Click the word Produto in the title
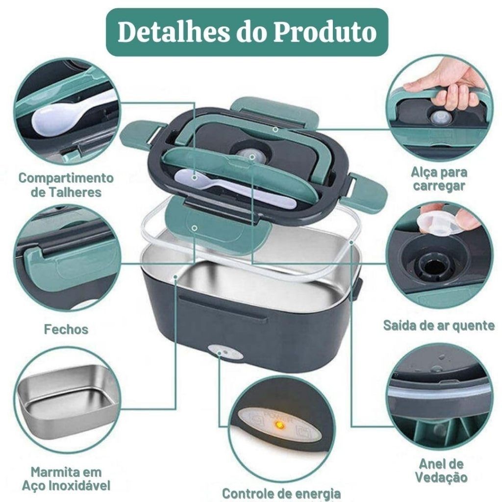(x=325, y=32)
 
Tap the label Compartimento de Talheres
(x=66, y=185)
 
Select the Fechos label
(x=66, y=329)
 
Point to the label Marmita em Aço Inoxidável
(x=66, y=478)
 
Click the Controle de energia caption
(x=281, y=493)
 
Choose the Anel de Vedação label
(x=441, y=470)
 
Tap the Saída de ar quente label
(x=439, y=326)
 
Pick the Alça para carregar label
(x=439, y=179)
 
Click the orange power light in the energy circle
(x=279, y=425)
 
